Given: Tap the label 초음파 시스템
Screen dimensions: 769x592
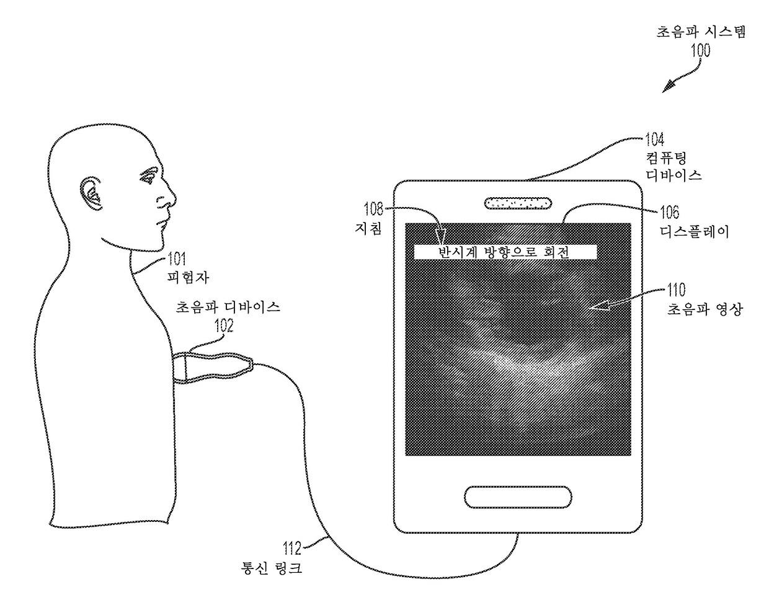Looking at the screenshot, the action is (701, 32).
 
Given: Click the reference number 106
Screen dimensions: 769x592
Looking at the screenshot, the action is (669, 213).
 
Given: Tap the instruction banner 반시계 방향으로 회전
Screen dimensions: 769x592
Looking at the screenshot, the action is (504, 252).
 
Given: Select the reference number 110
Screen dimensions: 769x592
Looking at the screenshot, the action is (677, 289).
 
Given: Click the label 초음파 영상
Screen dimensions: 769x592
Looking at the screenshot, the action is (703, 309).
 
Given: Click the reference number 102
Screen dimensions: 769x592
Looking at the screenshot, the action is (223, 325).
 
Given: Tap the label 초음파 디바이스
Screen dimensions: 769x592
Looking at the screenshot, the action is (228, 307).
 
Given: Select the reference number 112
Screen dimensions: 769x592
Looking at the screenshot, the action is (291, 548).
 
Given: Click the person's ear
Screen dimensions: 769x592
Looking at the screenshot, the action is (91, 192).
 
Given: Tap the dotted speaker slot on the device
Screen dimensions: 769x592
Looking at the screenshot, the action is (517, 203).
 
